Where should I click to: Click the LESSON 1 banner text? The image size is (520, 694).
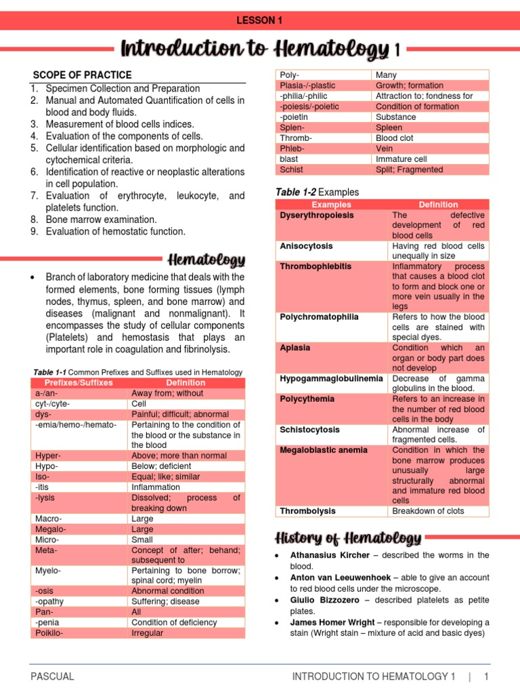tap(259, 20)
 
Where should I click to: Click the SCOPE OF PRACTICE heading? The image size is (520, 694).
tap(83, 75)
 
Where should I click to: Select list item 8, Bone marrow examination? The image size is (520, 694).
tap(101, 220)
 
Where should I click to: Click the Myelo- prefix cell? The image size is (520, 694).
tap(48, 571)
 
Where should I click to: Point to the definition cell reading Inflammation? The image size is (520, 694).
tap(156, 487)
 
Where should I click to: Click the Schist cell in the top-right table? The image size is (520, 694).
tap(292, 169)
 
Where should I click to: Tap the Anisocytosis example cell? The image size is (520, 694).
tap(306, 247)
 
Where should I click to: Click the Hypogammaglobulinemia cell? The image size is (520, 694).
tap(331, 378)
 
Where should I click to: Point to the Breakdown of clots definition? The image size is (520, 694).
tap(428, 511)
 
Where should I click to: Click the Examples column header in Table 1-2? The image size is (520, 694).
tap(331, 205)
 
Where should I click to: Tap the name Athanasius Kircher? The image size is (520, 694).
tap(330, 555)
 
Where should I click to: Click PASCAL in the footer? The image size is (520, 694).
tap(52, 676)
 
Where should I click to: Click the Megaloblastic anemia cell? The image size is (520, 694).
tap(324, 450)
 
